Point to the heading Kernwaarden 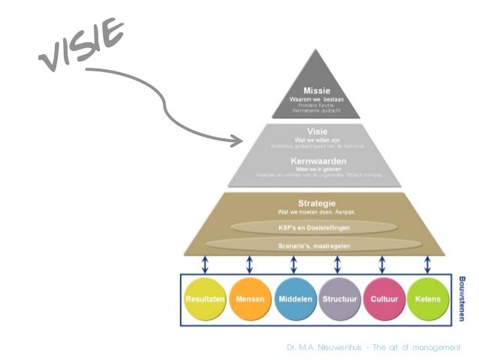click(x=315, y=161)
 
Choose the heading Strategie click(x=315, y=204)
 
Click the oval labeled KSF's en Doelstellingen click(x=315, y=227)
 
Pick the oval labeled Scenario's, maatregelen click(x=315, y=244)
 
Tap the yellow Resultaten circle click(x=204, y=298)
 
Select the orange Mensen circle click(x=250, y=298)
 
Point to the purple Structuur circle click(x=339, y=298)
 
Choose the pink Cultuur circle click(x=383, y=298)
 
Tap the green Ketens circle click(x=426, y=298)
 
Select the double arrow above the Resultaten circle click(x=205, y=265)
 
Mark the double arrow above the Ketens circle click(x=426, y=265)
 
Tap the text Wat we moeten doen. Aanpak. click(x=315, y=213)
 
